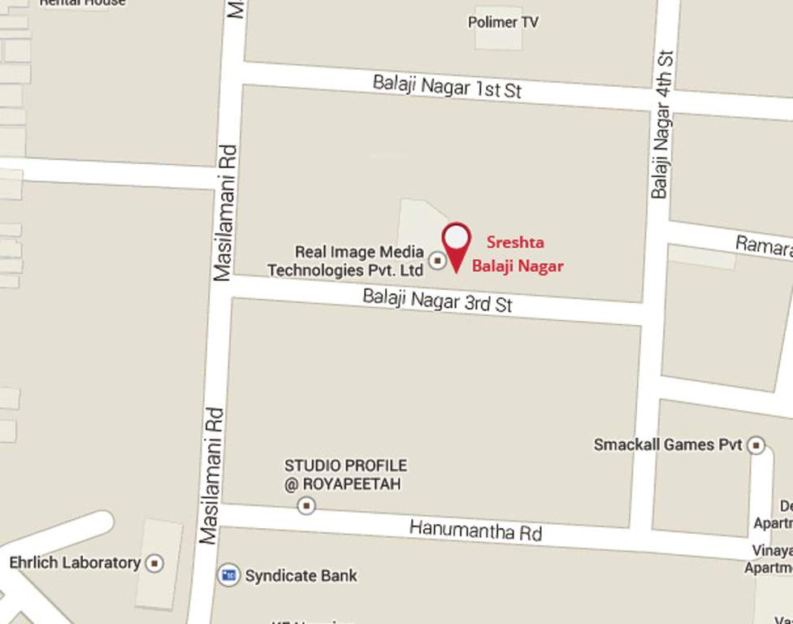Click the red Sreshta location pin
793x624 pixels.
tap(457, 241)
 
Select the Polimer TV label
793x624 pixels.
tap(503, 22)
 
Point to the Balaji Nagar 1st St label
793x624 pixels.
tap(447, 86)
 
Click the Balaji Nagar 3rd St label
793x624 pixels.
tap(437, 300)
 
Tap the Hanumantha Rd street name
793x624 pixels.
tap(475, 531)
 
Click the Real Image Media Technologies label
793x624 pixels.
tap(347, 261)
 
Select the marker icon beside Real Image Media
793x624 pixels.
tap(438, 261)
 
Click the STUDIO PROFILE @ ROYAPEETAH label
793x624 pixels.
tap(345, 474)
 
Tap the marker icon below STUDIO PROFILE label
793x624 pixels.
tap(306, 506)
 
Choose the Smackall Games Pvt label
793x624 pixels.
tap(668, 444)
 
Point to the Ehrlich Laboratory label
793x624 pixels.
tap(75, 562)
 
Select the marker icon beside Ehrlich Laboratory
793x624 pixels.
tap(154, 563)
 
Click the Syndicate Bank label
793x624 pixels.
tap(301, 575)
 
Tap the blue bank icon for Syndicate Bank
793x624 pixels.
tap(229, 575)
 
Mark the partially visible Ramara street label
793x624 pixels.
tap(763, 245)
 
